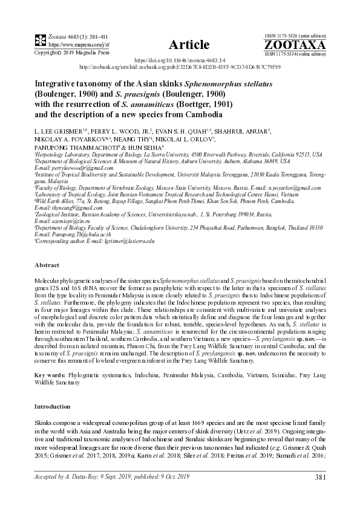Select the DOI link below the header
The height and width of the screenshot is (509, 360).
coord(180,61)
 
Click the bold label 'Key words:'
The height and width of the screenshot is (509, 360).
coord(51,375)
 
